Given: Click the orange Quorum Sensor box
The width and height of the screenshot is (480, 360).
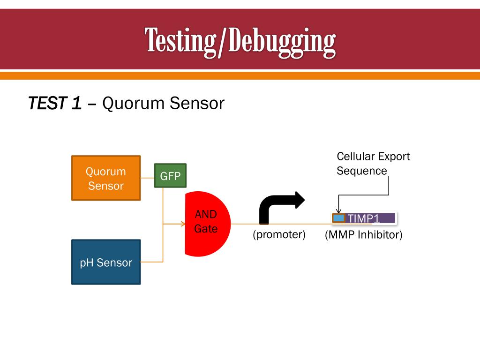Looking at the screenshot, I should pyautogui.click(x=106, y=178).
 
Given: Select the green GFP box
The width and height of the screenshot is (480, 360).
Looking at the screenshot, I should pyautogui.click(x=170, y=176).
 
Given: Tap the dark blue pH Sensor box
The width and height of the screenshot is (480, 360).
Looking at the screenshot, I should pyautogui.click(x=106, y=262).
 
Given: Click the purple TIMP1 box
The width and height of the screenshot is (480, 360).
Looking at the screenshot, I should pyautogui.click(x=370, y=218).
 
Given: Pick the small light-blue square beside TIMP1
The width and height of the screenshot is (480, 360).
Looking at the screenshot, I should pyautogui.click(x=338, y=218).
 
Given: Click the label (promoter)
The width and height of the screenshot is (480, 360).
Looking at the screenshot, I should pyautogui.click(x=279, y=234).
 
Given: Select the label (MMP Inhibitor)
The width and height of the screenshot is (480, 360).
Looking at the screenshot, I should pyautogui.click(x=364, y=234).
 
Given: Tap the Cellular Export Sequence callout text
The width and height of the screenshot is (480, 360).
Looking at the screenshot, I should pyautogui.click(x=373, y=163).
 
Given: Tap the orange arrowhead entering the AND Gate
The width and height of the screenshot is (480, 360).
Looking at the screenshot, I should pyautogui.click(x=183, y=224).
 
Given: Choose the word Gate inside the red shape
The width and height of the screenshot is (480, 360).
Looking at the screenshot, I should pyautogui.click(x=206, y=229).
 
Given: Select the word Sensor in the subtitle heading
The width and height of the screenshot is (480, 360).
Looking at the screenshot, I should pyautogui.click(x=197, y=103).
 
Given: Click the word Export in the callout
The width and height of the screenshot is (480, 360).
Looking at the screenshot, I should pyautogui.click(x=394, y=156).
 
